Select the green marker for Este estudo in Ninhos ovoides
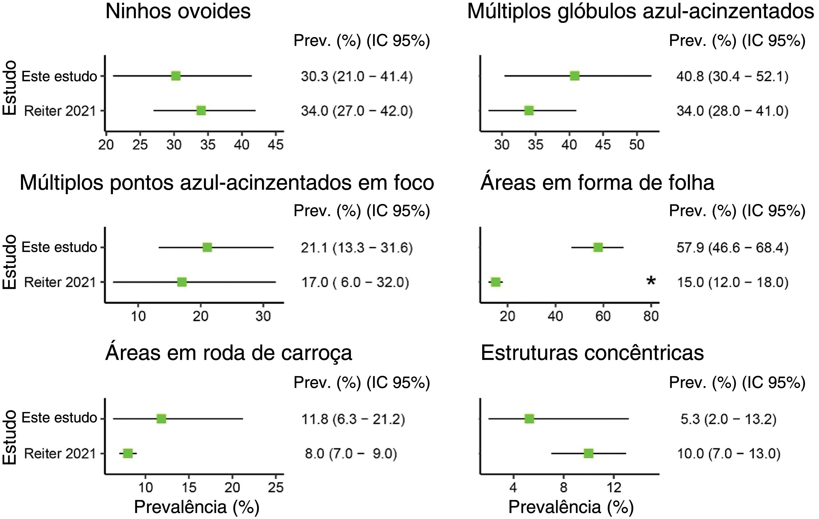point(176,76)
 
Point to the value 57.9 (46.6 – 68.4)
point(732,248)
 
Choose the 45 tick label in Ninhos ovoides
point(276,145)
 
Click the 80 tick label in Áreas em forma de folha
point(651,316)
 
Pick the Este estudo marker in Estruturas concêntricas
point(529,419)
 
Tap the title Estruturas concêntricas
point(592,353)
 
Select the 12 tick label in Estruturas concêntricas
point(614,488)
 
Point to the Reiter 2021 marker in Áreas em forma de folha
point(496,282)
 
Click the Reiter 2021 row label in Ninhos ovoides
point(60,111)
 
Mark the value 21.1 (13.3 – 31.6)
point(357,248)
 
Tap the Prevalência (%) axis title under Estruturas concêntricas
point(571,507)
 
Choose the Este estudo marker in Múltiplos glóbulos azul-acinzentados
point(574,76)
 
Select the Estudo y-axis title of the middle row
point(10,262)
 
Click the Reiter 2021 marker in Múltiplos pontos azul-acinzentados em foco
point(182,282)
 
